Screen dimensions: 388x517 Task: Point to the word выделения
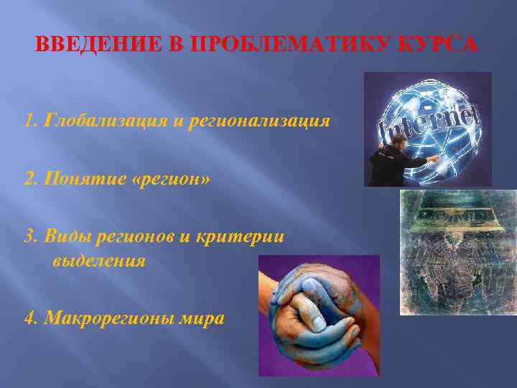(x=98, y=261)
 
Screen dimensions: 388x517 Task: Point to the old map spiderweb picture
(x=457, y=251)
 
